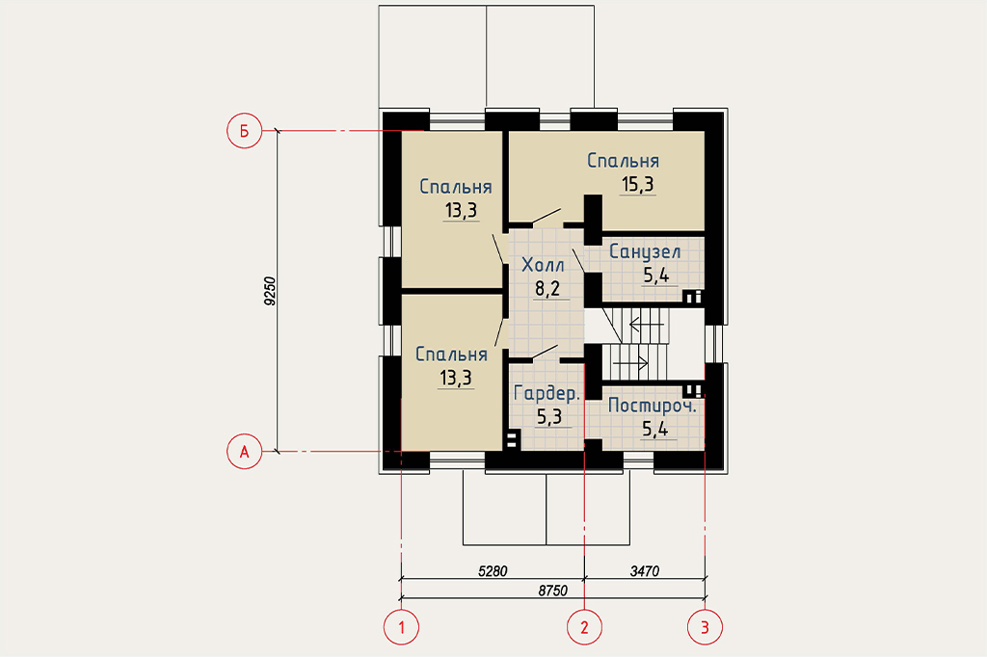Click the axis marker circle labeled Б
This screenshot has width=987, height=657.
pyautogui.click(x=244, y=131)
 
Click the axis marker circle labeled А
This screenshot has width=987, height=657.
pyautogui.click(x=244, y=451)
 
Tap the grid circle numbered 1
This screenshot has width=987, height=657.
pyautogui.click(x=401, y=627)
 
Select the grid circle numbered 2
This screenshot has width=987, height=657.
pyautogui.click(x=584, y=627)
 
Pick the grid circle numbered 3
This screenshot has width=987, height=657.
pyautogui.click(x=705, y=627)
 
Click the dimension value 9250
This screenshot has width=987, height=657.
pyautogui.click(x=270, y=291)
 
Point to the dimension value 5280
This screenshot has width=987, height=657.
pyautogui.click(x=493, y=571)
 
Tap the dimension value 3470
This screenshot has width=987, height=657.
pyautogui.click(x=645, y=571)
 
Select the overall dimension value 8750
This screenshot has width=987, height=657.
pyautogui.click(x=552, y=591)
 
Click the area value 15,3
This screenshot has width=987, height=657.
pyautogui.click(x=638, y=184)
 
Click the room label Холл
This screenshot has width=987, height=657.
pyautogui.click(x=543, y=265)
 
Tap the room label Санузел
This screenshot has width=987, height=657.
pyautogui.click(x=645, y=251)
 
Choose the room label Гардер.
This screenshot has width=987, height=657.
pyautogui.click(x=547, y=393)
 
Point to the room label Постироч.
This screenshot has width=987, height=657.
pyautogui.click(x=653, y=406)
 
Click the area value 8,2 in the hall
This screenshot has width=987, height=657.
pyautogui.click(x=547, y=289)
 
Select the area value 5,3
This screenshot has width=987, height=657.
pyautogui.click(x=548, y=416)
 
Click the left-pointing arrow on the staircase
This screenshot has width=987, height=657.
pyautogui.click(x=647, y=325)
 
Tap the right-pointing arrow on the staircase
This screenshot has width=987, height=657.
pyautogui.click(x=630, y=363)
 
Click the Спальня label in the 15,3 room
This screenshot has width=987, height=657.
pyautogui.click(x=624, y=161)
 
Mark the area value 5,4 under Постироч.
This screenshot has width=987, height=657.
pyautogui.click(x=654, y=430)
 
